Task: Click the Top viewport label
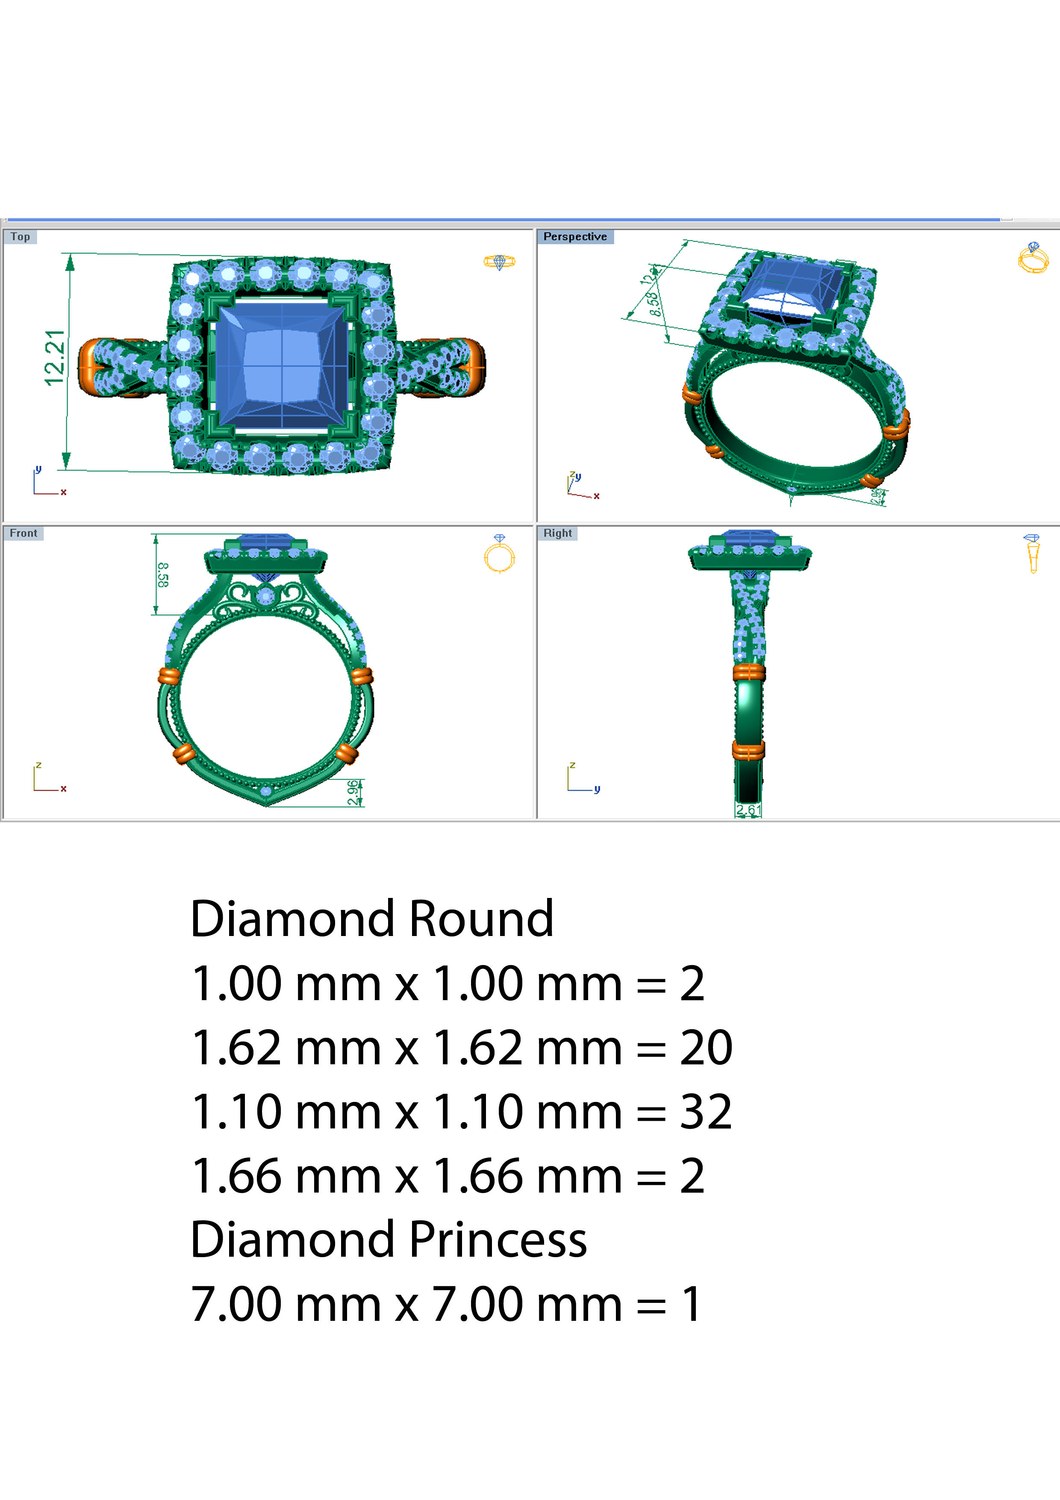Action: click(x=20, y=236)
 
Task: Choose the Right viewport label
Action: click(x=557, y=533)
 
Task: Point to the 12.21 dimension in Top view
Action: click(x=55, y=358)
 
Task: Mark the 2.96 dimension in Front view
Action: click(x=353, y=792)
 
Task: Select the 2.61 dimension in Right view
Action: click(x=748, y=810)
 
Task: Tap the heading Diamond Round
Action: click(x=371, y=918)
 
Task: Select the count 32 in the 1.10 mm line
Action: click(x=705, y=1112)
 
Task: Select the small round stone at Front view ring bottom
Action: click(x=266, y=791)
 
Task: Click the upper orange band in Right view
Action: click(x=748, y=672)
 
